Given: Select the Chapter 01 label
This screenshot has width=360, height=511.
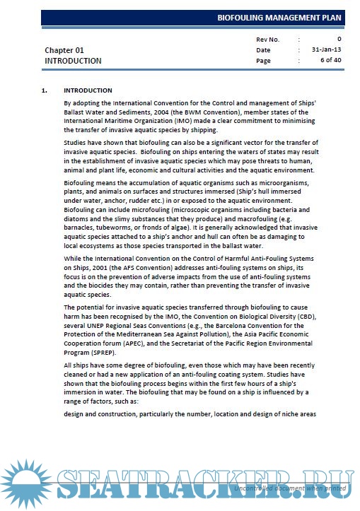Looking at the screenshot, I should click(x=64, y=50).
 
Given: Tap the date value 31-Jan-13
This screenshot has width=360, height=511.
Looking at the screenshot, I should click(x=326, y=50).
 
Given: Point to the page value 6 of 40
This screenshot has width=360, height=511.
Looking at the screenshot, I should click(x=330, y=61).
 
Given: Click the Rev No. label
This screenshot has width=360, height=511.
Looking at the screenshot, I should click(x=268, y=39).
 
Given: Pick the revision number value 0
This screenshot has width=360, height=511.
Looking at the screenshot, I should click(x=339, y=39).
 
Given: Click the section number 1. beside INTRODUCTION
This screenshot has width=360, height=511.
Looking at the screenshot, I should click(x=45, y=90).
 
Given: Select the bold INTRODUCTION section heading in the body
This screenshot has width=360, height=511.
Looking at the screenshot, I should click(x=88, y=90).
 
